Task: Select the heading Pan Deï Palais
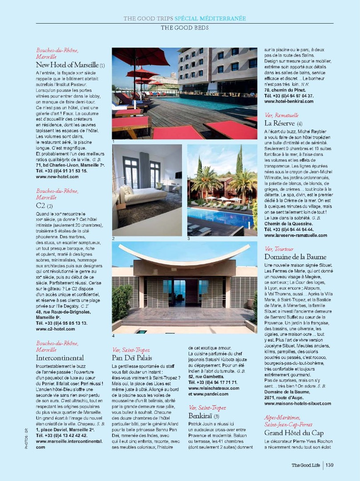click(132, 358)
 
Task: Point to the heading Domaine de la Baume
click(295, 257)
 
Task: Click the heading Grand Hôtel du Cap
click(294, 432)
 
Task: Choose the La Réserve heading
click(280, 122)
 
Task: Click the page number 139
click(329, 465)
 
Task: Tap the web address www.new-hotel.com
click(57, 177)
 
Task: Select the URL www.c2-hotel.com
click(55, 329)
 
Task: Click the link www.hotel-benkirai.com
click(288, 101)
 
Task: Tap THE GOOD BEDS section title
click(184, 28)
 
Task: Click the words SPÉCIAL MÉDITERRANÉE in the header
click(210, 18)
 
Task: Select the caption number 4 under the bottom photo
click(113, 335)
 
